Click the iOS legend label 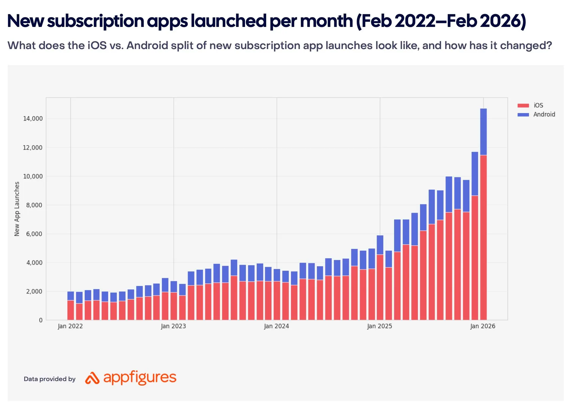pos(538,105)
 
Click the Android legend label pos(544,114)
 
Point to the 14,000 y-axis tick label pos(33,118)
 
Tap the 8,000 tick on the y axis pos(34,205)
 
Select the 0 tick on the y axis pos(41,320)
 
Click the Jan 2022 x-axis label pos(70,326)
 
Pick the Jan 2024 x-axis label pos(276,326)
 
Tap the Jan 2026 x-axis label pos(482,326)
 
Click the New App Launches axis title pos(17,209)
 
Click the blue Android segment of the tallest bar pos(483,132)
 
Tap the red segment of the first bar pos(71,310)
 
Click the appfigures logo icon pos(92,378)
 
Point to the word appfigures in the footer pos(140,377)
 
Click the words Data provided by pos(50,379)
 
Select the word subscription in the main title pos(96,21)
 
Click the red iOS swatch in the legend pos(523,105)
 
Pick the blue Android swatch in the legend pos(523,115)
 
